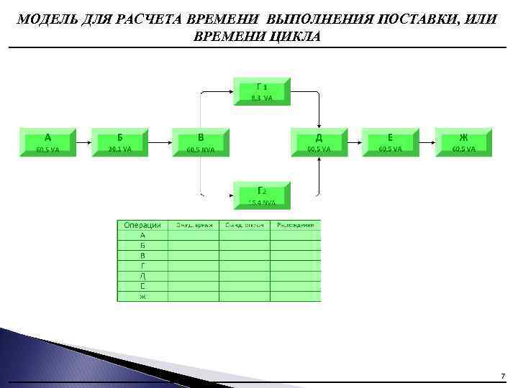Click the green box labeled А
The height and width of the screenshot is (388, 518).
[x=47, y=142]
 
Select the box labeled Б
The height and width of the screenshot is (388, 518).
[x=119, y=142]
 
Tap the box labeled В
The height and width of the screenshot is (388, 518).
[x=201, y=142]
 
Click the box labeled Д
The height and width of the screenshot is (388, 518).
[x=319, y=142]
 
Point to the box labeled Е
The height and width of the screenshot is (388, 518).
[x=390, y=142]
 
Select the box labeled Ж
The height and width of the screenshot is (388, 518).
[x=463, y=142]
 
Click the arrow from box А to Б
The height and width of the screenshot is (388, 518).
[x=83, y=142]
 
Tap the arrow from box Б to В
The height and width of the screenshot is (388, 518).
[x=160, y=142]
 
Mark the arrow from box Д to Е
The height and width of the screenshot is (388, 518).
[x=354, y=142]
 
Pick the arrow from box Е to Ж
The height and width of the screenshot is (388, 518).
[x=427, y=142]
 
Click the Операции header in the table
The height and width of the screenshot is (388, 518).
[x=142, y=225]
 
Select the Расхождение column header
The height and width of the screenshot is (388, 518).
[x=296, y=225]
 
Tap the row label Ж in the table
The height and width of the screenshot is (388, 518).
[x=142, y=297]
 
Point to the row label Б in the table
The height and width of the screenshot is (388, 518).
[x=142, y=245]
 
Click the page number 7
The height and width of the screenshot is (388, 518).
[x=503, y=376]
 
